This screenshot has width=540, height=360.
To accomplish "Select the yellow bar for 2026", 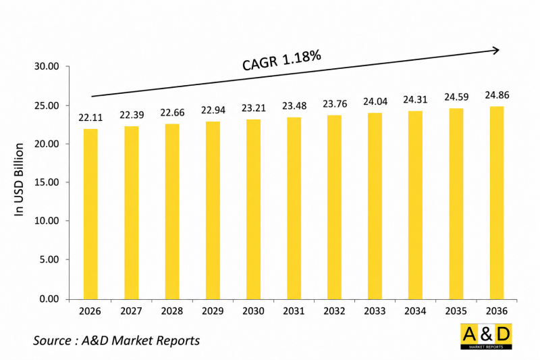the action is [x=90, y=214].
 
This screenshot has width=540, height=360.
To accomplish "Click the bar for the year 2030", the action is [x=254, y=209].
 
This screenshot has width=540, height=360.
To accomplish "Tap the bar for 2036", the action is [x=497, y=203].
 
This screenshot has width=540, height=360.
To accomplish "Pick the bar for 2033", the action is [x=375, y=206].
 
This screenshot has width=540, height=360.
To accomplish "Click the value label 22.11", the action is [x=90, y=118].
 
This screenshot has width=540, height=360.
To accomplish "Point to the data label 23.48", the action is [x=294, y=106].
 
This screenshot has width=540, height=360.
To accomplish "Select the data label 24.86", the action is [x=497, y=95].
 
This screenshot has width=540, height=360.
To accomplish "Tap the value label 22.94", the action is [x=213, y=110].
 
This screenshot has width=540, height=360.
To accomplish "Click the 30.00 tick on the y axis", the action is [x=47, y=66].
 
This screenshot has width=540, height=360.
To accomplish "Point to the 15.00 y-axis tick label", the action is [x=47, y=182].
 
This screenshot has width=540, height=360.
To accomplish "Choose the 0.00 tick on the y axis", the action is [x=49, y=299].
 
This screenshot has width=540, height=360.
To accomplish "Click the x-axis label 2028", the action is [x=172, y=311].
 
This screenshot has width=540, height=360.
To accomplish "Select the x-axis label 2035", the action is [x=456, y=311].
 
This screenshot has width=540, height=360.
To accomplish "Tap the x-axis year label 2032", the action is [x=334, y=311].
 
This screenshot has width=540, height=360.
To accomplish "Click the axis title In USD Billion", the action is [x=19, y=180].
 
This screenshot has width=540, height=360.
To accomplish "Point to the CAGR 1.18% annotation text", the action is [x=281, y=60].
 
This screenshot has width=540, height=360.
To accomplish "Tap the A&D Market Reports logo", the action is [x=486, y=336].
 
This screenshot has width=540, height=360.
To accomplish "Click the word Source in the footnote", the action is [x=52, y=340].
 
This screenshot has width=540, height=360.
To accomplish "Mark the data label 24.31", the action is [x=415, y=99].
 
